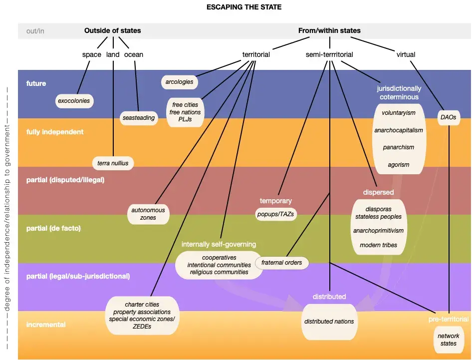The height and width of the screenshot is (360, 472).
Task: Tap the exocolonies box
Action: (x=74, y=101)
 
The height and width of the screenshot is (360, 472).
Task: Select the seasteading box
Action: (x=138, y=118)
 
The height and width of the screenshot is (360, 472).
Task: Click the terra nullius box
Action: (x=113, y=163)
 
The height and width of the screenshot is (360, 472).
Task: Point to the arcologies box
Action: (x=179, y=81)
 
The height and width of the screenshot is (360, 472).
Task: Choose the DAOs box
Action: (x=448, y=117)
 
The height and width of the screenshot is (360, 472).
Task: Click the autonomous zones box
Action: (x=149, y=214)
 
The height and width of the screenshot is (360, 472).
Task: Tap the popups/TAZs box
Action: (x=275, y=214)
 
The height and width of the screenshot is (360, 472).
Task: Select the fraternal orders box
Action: (x=282, y=262)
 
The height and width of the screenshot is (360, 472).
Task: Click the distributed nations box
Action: (x=329, y=322)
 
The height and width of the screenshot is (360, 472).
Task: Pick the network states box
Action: (x=448, y=340)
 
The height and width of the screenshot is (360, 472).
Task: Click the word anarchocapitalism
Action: (x=399, y=130)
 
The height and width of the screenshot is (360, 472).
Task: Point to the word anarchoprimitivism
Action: (x=378, y=231)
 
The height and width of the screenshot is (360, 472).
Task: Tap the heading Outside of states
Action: (x=112, y=30)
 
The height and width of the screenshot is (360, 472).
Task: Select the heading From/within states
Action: (x=329, y=30)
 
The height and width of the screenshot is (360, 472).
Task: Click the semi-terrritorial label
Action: (x=329, y=54)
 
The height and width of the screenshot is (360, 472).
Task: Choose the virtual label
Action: (x=405, y=54)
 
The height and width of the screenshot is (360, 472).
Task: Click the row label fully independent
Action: (x=55, y=132)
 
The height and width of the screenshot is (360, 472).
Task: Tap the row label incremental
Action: (x=46, y=325)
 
